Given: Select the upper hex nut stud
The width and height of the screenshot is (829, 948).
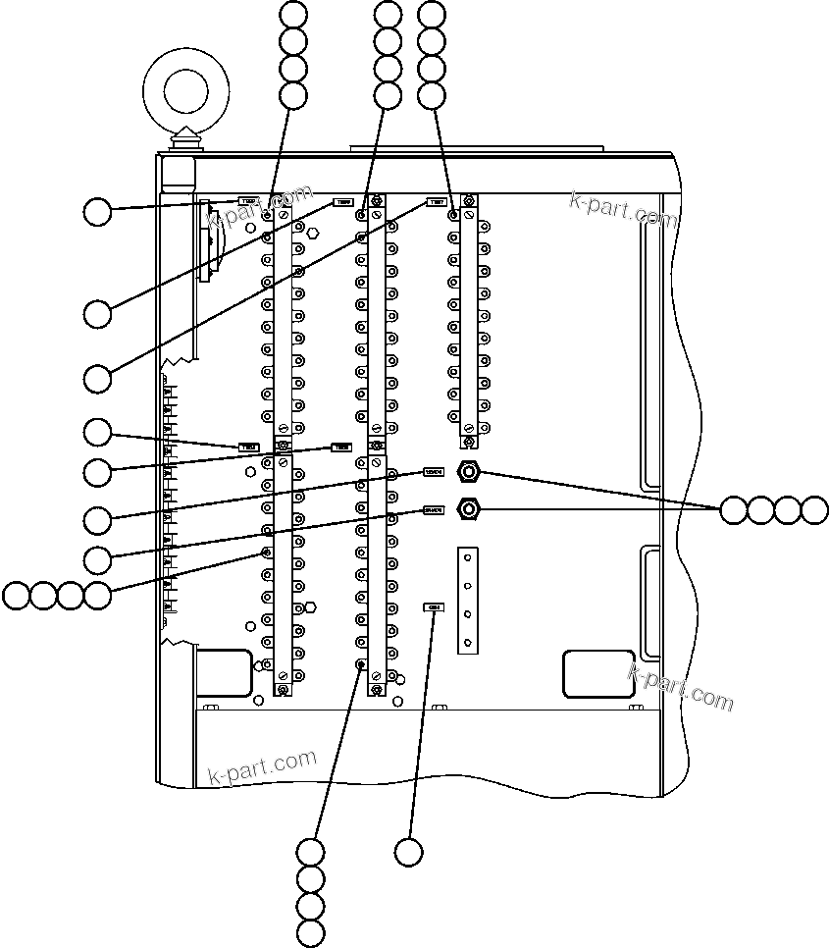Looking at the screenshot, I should [x=470, y=472].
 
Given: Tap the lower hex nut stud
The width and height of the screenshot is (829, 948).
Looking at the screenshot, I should [x=470, y=508].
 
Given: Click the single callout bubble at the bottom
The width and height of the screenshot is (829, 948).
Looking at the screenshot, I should [x=409, y=852].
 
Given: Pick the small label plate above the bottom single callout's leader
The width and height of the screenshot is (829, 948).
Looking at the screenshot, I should [x=433, y=607].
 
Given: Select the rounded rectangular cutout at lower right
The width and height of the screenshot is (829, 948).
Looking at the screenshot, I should [x=597, y=673].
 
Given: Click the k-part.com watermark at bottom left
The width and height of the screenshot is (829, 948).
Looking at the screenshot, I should [x=263, y=766].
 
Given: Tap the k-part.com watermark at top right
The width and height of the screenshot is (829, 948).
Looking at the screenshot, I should [x=623, y=209].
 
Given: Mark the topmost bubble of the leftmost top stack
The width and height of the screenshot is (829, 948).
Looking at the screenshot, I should [x=293, y=14].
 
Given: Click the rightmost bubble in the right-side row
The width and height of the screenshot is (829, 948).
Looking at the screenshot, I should [x=815, y=509].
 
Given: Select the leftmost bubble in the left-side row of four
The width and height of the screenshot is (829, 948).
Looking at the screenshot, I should [x=16, y=595].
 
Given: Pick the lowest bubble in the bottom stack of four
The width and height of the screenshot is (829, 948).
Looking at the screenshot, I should [x=310, y=932].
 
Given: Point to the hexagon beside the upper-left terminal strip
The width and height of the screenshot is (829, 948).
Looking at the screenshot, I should [x=312, y=234].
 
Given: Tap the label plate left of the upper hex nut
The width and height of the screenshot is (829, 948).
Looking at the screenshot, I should [x=433, y=472].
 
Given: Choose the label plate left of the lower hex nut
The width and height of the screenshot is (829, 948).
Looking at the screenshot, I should [x=433, y=510].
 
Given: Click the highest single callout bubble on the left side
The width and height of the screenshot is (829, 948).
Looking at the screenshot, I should [x=97, y=211].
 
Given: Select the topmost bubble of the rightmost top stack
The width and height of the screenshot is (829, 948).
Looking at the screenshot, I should [x=432, y=14].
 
